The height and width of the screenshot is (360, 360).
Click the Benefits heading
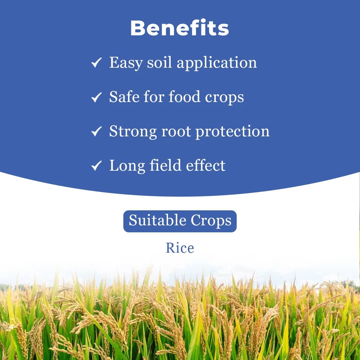[180, 28]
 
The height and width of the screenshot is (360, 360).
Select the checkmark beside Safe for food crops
[96, 97]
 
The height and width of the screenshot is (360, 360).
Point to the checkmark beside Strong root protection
[96, 132]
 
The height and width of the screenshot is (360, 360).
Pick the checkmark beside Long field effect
[96, 166]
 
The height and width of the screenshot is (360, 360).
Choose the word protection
[232, 132]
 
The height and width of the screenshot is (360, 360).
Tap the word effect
[205, 166]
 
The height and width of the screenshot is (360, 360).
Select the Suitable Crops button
[180, 221]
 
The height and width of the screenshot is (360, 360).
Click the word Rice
[180, 248]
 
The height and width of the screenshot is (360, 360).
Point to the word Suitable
[157, 221]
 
